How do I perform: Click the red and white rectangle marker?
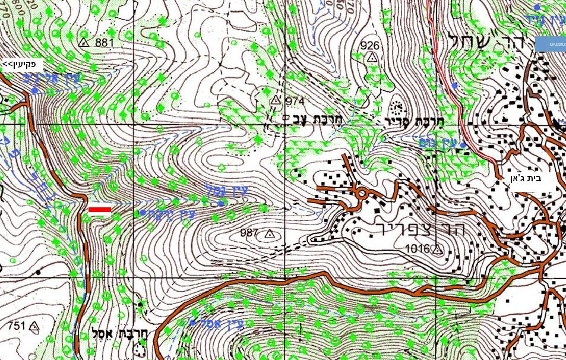(x=99, y=210)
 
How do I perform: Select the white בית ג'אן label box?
(x=533, y=178)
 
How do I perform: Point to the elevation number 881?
(x=103, y=42)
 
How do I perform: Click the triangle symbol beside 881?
(x=84, y=43)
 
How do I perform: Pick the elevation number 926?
(x=369, y=46)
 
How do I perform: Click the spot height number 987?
(x=250, y=233)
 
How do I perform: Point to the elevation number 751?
(x=17, y=326)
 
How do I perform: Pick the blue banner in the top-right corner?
(x=551, y=43)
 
